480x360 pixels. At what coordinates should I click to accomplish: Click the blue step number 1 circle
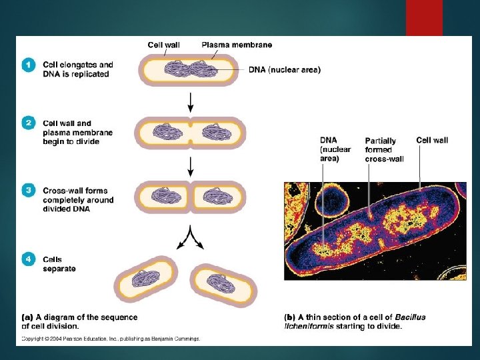coord(27,65)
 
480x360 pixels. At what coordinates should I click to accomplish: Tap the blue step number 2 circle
coord(27,123)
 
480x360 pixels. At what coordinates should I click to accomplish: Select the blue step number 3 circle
coord(27,190)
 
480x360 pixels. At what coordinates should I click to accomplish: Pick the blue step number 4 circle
coord(27,259)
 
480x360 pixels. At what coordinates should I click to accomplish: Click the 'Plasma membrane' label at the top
coord(237,45)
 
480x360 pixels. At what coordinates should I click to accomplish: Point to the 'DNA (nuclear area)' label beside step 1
coord(285,69)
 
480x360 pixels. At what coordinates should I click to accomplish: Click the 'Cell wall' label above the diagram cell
coord(163,45)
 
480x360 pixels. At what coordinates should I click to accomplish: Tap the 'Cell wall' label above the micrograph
coord(432,140)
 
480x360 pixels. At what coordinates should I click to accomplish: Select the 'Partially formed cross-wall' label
coord(381,150)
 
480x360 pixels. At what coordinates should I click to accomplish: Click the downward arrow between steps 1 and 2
coord(191,101)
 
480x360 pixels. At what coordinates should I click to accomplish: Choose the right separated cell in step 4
coord(224,285)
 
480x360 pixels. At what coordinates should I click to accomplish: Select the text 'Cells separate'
coord(59,264)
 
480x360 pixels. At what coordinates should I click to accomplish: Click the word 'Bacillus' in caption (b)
coord(409,317)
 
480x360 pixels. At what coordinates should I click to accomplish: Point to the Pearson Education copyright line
coord(110,339)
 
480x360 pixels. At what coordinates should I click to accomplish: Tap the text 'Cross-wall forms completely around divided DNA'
coord(78,200)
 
